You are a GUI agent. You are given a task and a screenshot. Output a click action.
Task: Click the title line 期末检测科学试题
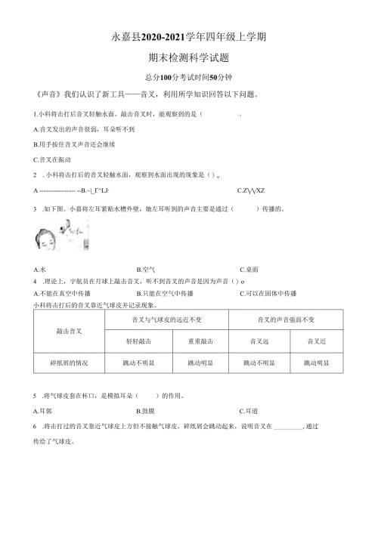pos(190,57)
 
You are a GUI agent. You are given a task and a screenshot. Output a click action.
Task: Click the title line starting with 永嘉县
pos(189,37)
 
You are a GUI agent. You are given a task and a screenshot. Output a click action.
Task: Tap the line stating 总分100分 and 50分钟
pos(189,77)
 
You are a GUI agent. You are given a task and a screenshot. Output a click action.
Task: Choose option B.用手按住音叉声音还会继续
pos(76,144)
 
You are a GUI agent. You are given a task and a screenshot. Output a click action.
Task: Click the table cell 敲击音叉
pos(69,331)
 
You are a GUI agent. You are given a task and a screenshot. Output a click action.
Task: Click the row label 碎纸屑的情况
pos(69,363)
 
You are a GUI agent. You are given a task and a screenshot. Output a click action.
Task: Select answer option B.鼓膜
pos(147,412)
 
